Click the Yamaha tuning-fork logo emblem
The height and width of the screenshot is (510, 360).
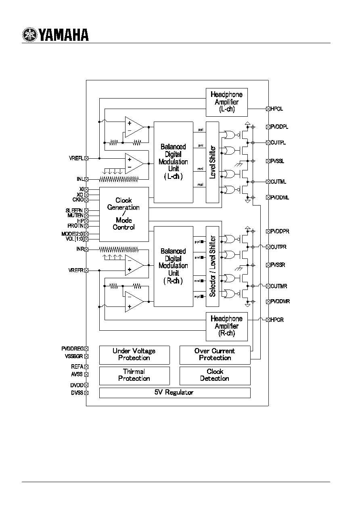(29, 35)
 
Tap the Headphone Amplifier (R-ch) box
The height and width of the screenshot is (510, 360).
(226, 326)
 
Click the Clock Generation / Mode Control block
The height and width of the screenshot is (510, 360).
(124, 214)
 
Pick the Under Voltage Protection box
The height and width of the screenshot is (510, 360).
(134, 355)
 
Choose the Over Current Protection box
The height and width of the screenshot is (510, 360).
(215, 355)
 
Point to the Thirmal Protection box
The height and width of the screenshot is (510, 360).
(134, 375)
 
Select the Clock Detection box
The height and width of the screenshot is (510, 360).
(215, 375)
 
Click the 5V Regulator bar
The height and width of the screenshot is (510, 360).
(174, 392)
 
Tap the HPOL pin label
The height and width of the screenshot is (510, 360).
(277, 109)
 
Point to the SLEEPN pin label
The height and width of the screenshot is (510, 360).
(74, 211)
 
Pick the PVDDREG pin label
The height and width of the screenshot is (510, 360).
(72, 348)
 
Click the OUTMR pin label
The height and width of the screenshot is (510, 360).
(279, 286)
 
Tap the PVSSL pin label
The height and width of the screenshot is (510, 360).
(278, 161)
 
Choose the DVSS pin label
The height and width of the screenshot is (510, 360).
(77, 392)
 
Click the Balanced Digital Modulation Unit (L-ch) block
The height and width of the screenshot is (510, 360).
(173, 162)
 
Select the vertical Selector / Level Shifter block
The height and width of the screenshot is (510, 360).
(213, 267)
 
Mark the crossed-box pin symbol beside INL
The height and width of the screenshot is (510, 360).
(86, 179)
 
